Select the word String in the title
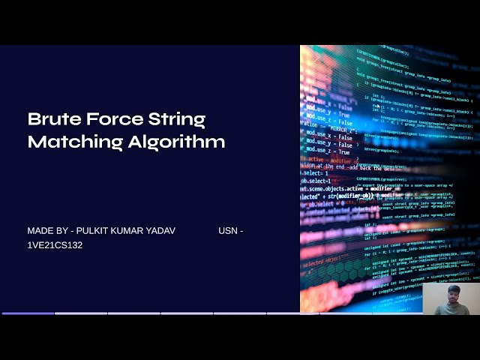(x=178, y=120)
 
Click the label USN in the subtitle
(x=227, y=231)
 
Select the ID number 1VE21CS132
(x=55, y=245)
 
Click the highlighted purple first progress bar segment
(x=28, y=313)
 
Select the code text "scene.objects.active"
(x=333, y=189)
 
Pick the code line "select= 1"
(x=315, y=174)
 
